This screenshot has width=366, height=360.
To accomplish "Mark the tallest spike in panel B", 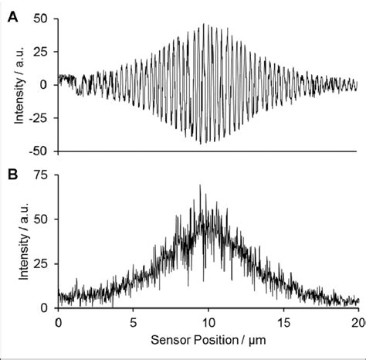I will [x=201, y=186].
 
